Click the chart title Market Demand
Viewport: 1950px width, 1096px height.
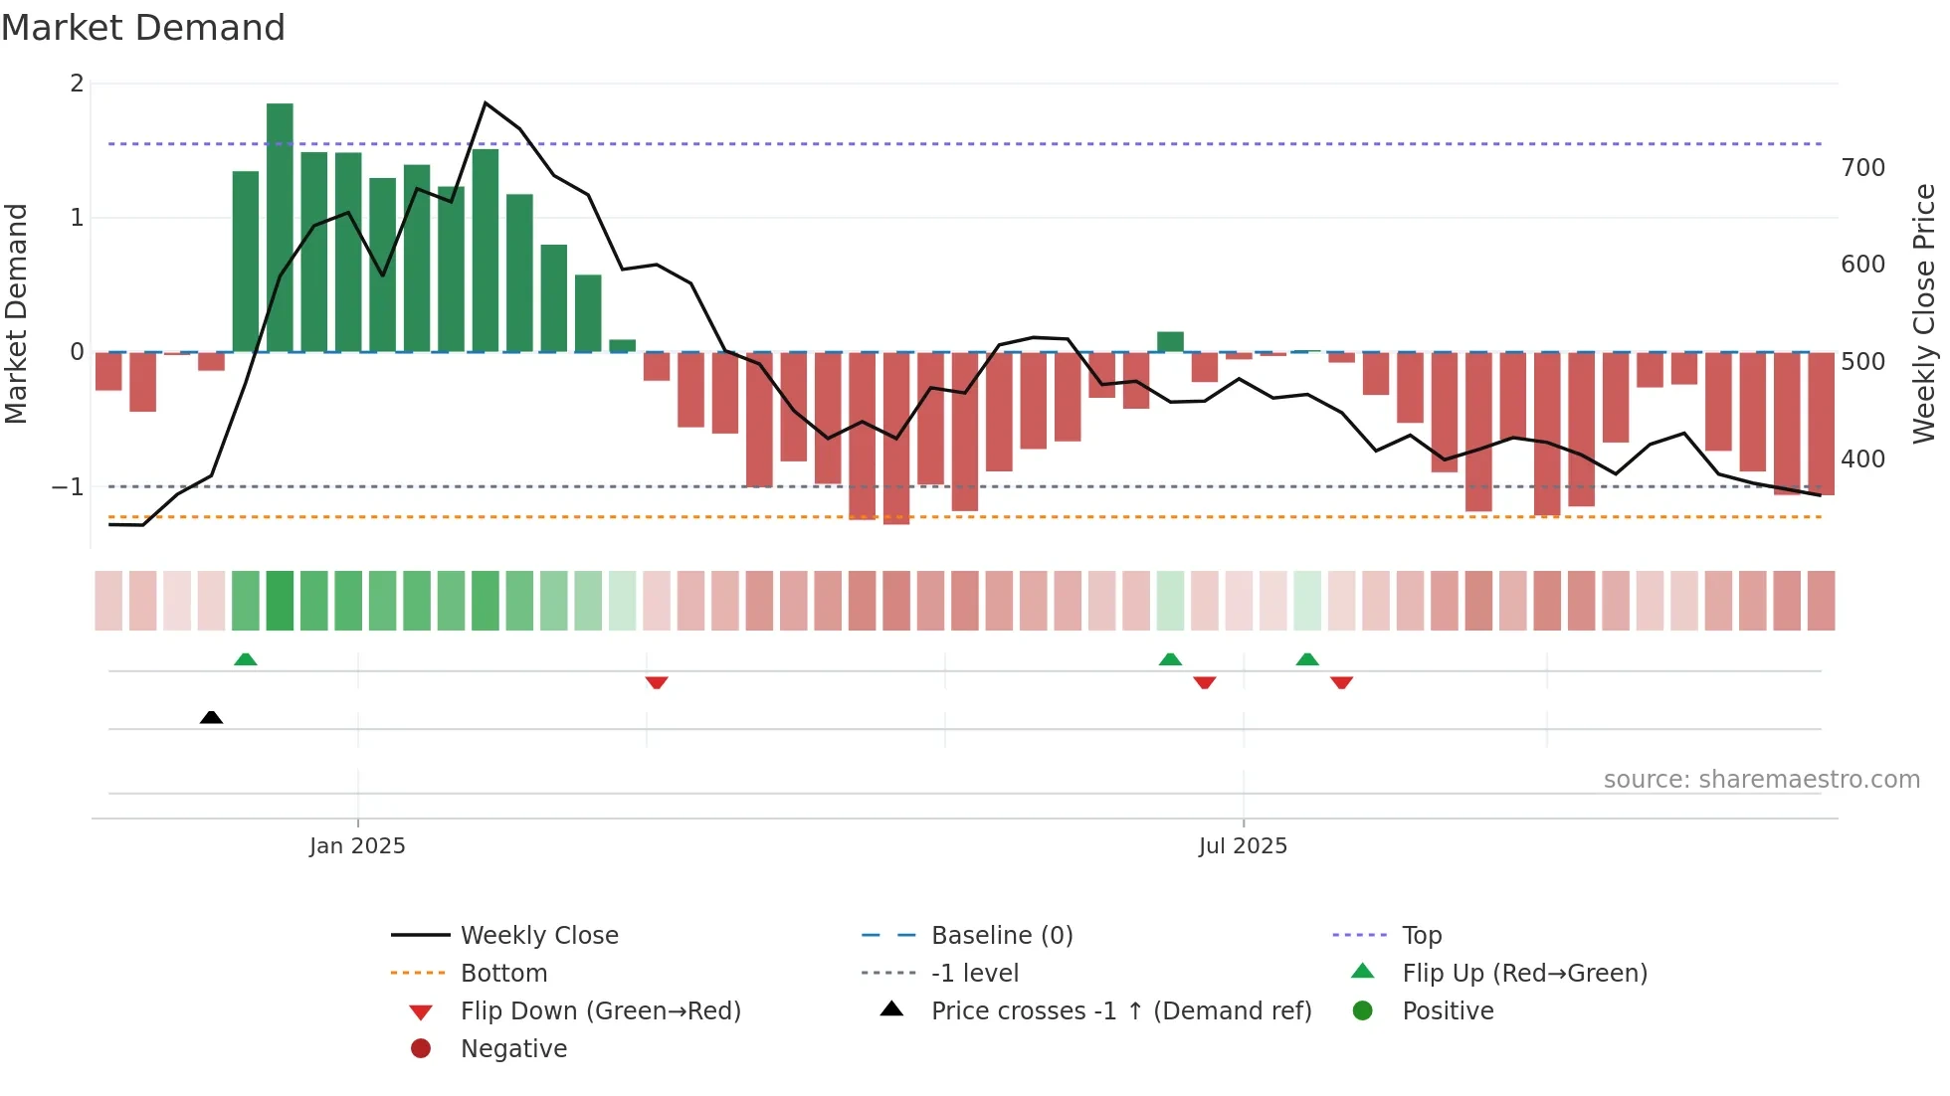143,28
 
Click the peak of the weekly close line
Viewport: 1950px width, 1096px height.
485,102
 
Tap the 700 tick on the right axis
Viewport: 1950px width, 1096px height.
1862,167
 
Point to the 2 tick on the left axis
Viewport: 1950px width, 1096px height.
77,84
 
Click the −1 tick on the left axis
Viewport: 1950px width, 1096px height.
68,487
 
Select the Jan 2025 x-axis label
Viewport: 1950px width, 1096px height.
357,846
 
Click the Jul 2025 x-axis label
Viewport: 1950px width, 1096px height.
1243,846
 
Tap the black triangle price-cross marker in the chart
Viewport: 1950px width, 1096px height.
211,717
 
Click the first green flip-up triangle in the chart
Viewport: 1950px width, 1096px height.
245,659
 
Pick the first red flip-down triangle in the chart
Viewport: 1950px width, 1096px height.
657,682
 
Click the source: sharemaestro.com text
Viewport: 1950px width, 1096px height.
1761,780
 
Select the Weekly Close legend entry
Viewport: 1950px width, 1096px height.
538,936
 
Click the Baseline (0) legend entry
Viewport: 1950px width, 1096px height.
1001,936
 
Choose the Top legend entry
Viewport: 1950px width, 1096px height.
1421,936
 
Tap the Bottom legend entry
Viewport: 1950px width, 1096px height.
503,974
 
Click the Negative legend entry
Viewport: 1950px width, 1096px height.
512,1049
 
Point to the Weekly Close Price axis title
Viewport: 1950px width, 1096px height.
1924,313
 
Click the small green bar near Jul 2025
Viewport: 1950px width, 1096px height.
1170,342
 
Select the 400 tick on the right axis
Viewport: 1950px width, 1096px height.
1862,459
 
